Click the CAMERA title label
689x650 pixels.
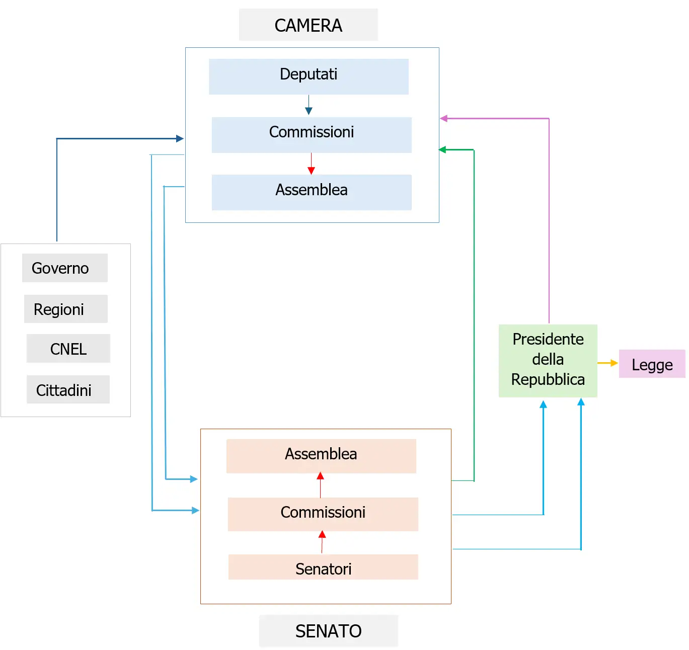(x=308, y=25)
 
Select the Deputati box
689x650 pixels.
(x=309, y=76)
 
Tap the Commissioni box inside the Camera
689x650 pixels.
(x=312, y=135)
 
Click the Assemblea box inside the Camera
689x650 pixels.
(x=312, y=192)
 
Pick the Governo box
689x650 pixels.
(x=64, y=268)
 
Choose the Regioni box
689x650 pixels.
(x=65, y=309)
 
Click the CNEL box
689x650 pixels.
(x=68, y=348)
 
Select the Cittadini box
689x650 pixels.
(x=68, y=389)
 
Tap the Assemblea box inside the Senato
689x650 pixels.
(x=321, y=456)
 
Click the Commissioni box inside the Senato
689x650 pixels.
(x=323, y=514)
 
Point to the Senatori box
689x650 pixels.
(x=323, y=567)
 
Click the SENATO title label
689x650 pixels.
(x=328, y=631)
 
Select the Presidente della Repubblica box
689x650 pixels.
(x=548, y=361)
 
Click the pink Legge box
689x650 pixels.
(x=652, y=364)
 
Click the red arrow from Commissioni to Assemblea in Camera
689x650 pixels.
(x=311, y=164)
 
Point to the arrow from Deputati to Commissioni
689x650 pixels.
(x=309, y=105)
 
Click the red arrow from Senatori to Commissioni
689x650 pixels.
(x=322, y=542)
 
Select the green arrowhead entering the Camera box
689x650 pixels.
(x=443, y=149)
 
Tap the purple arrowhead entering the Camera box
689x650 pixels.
(x=444, y=118)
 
